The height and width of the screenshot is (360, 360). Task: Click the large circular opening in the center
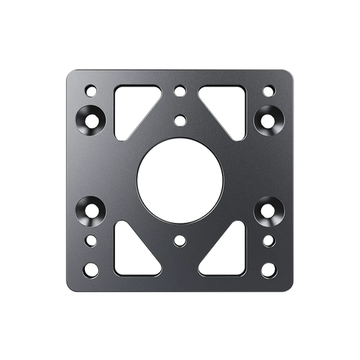180,180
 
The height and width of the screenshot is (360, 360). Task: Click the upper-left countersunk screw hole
92,119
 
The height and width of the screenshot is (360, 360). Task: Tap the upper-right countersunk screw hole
268,119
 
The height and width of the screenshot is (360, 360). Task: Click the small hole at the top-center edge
180,90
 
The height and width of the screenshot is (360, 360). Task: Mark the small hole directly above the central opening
180,119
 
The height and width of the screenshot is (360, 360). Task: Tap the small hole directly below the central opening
180,241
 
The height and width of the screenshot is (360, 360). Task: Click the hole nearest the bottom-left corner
91,270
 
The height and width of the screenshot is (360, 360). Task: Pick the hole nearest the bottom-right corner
269,270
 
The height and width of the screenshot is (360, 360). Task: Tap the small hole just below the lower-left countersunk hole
91,241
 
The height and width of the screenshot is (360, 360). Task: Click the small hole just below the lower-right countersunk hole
269,241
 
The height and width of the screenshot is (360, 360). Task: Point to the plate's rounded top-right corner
290,73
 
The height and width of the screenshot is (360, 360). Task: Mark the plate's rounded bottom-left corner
70,288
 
